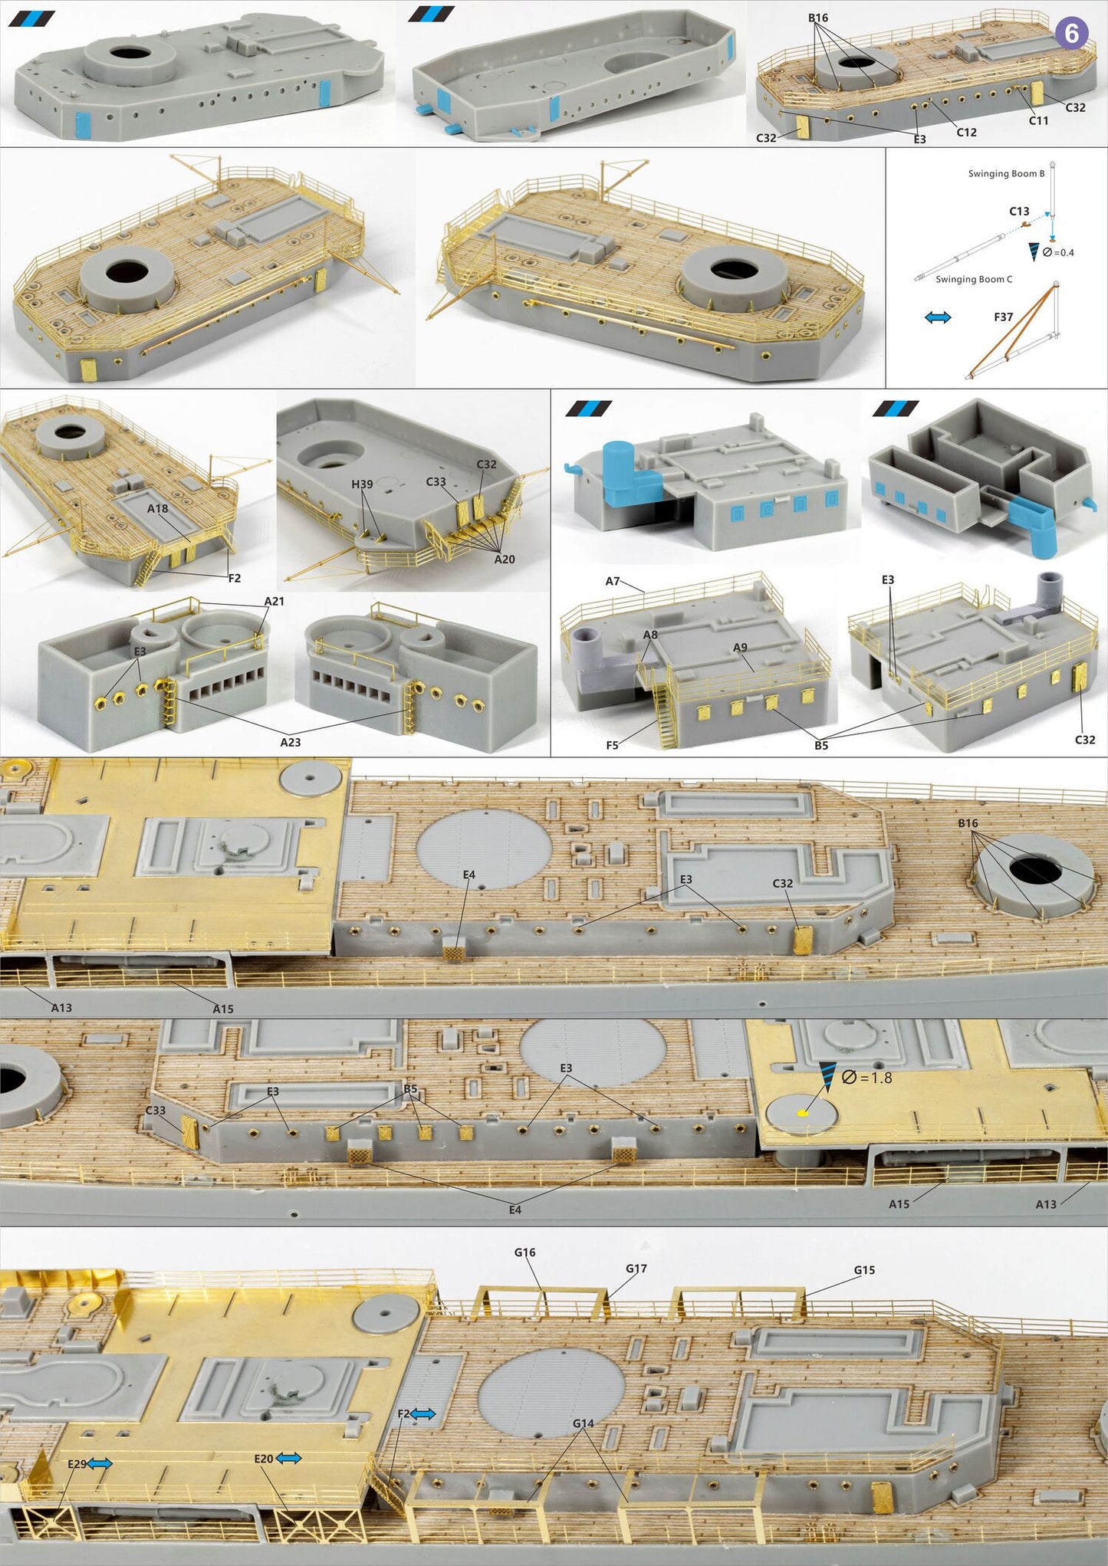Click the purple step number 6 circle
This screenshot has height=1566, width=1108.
[x=1071, y=34]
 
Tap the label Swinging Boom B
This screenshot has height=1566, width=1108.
[x=1005, y=174]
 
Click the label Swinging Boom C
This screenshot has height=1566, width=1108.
[x=973, y=279]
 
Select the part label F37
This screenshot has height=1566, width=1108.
[x=1003, y=317]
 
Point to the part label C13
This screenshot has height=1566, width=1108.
[x=1018, y=211]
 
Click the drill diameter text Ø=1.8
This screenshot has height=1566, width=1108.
[x=867, y=1078]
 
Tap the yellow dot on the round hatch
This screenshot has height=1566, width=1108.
[x=802, y=1113]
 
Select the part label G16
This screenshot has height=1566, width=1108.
[x=524, y=1252]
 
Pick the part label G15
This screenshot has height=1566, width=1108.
[x=864, y=1270]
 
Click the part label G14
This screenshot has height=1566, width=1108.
[x=583, y=1423]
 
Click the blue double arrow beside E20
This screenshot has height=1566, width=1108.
[x=289, y=1458]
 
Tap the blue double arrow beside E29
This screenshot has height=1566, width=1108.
[x=100, y=1463]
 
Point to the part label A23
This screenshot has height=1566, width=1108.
[x=290, y=742]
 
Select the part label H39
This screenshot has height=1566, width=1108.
[x=362, y=484]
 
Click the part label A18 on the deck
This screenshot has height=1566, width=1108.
[x=157, y=508]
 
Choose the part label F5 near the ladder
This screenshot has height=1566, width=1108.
[x=612, y=745]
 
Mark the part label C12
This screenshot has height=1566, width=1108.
[x=966, y=132]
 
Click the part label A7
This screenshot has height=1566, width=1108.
[x=612, y=581]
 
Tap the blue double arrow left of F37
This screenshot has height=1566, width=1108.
[x=938, y=317]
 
